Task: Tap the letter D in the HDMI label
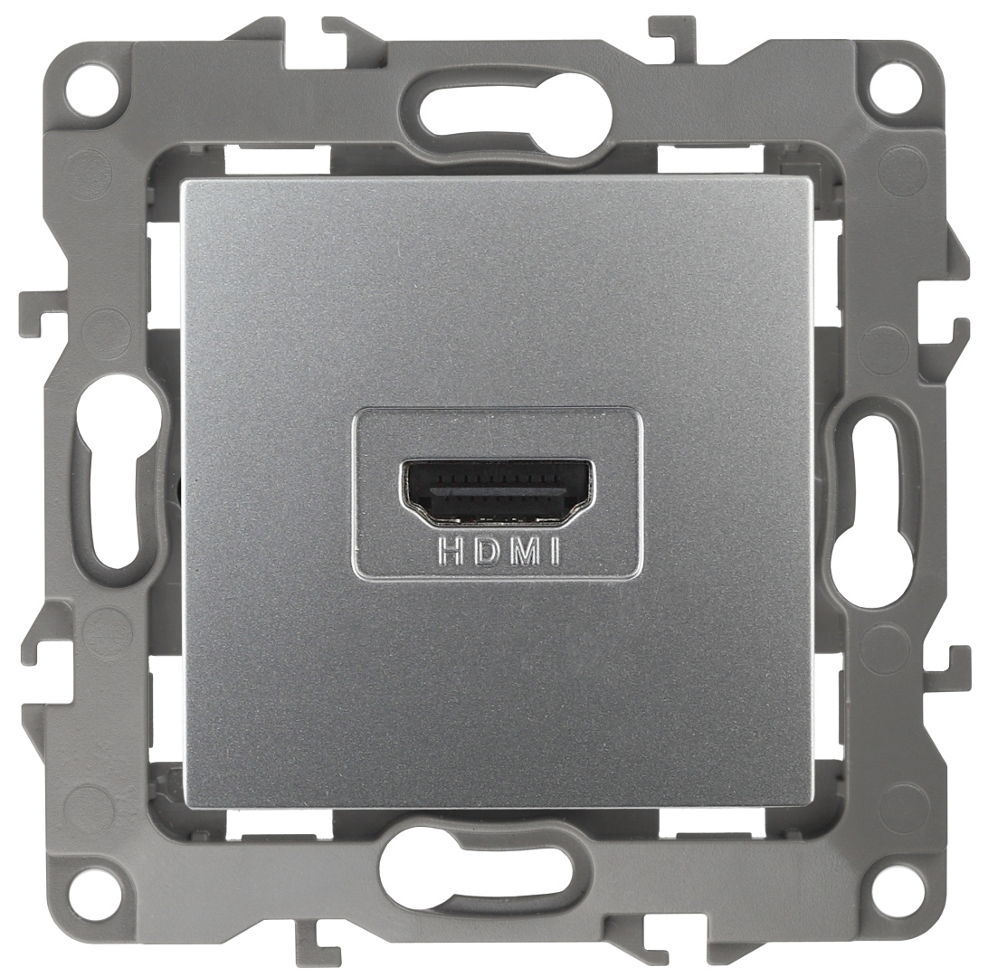coord(487,552)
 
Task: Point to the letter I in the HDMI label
coord(555,552)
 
